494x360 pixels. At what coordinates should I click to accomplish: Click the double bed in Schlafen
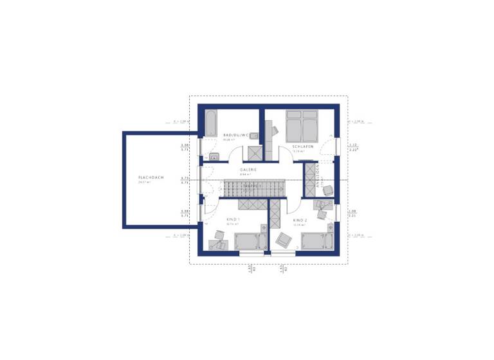coord(301,125)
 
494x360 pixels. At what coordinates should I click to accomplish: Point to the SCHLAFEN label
coord(302,147)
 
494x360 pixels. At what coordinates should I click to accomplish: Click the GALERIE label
coord(248,170)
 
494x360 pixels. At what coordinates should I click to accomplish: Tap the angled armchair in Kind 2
coord(282,239)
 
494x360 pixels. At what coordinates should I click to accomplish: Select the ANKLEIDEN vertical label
coord(317,174)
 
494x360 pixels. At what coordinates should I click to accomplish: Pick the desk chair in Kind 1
coord(220,244)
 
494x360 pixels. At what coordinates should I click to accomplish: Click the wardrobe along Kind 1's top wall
coord(252,204)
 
